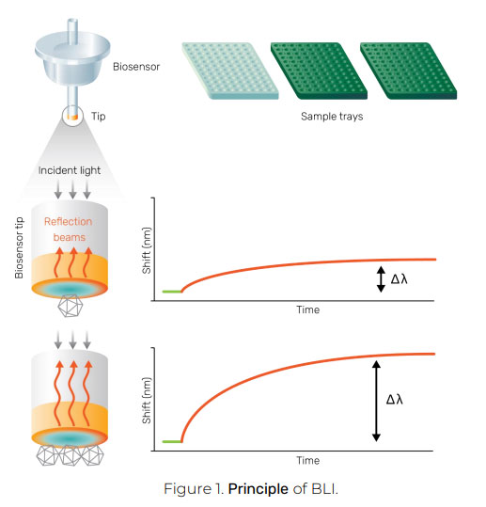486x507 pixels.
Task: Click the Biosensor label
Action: coord(136,67)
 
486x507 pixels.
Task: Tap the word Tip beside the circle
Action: coord(98,117)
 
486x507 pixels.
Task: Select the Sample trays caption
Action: coord(332,117)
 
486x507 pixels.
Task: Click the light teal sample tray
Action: coord(230,71)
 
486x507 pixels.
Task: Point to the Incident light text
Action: coord(70,170)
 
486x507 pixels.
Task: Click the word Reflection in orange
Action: coord(69,221)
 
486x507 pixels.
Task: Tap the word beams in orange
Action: coord(70,237)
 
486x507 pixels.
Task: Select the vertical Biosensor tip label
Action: coord(19,247)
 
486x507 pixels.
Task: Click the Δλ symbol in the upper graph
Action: coord(400,279)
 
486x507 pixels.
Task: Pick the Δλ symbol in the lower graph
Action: coord(395,400)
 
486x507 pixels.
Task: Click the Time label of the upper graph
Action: coord(308,309)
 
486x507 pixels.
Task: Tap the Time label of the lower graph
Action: coord(308,461)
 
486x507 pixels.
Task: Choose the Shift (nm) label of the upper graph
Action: coord(147,250)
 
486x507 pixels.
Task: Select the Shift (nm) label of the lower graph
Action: coord(147,401)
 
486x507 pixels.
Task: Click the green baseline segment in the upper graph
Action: coord(172,292)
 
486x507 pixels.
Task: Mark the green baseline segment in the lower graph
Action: coord(172,441)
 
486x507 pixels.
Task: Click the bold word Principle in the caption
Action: coord(259,488)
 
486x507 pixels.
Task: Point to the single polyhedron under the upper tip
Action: coord(71,306)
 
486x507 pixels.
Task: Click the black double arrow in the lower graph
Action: coord(376,401)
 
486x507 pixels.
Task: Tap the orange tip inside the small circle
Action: coord(73,118)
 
